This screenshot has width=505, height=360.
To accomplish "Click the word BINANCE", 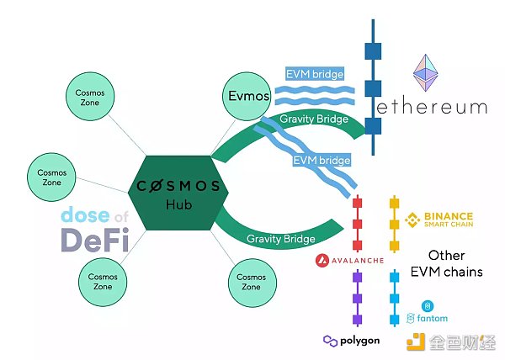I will pyautogui.click(x=449, y=216).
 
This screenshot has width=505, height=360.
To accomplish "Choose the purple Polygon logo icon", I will pyautogui.click(x=330, y=341).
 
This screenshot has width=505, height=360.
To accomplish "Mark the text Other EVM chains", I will pyautogui.click(x=447, y=263).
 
